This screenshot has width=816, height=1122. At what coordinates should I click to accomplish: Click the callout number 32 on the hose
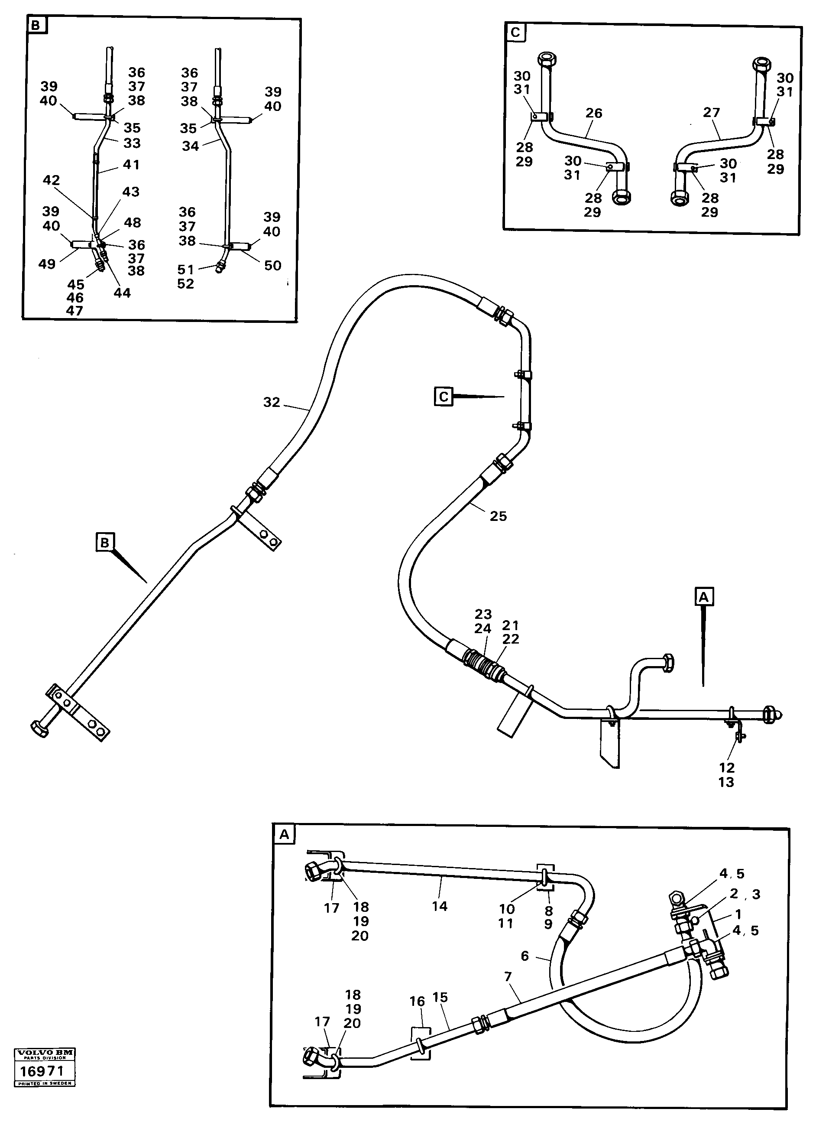(x=272, y=402)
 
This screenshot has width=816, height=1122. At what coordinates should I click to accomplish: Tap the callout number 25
(x=498, y=516)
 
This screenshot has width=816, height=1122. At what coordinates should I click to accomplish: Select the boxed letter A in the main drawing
(x=704, y=597)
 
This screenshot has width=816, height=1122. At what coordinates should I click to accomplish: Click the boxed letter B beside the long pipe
(x=105, y=543)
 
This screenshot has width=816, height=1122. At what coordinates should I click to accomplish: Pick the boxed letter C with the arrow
(x=444, y=397)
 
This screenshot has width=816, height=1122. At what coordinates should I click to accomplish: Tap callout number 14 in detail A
(x=439, y=906)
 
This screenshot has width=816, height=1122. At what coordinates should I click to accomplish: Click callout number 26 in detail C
(x=593, y=113)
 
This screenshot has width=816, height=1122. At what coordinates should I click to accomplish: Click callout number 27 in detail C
(x=711, y=113)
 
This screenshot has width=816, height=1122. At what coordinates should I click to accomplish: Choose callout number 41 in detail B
(x=131, y=165)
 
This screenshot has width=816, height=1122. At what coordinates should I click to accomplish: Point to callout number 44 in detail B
(x=122, y=293)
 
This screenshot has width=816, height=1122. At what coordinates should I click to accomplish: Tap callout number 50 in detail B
(x=272, y=266)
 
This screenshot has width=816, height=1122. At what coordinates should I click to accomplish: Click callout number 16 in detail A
(x=417, y=1001)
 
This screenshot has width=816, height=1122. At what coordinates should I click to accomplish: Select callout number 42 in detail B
(x=52, y=180)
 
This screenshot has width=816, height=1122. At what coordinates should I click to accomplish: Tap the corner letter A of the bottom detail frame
(x=284, y=835)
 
